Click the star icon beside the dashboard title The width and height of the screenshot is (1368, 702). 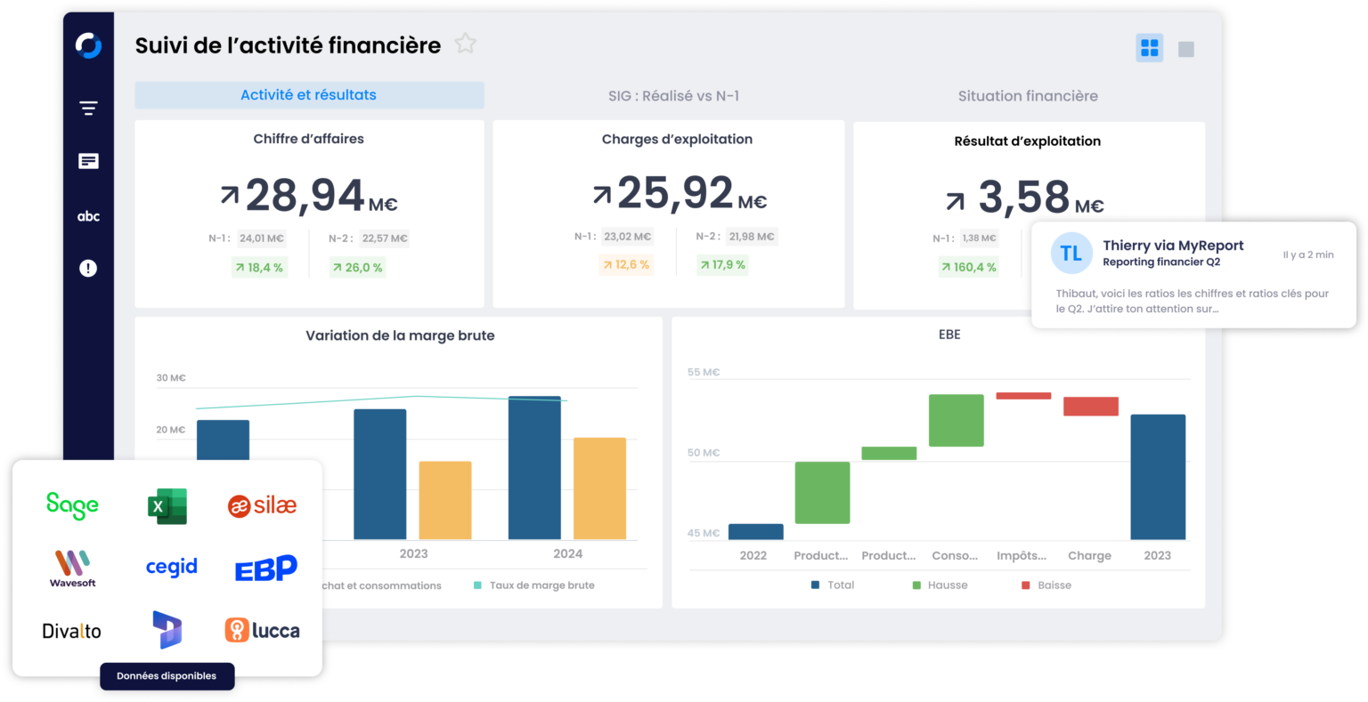[x=465, y=44]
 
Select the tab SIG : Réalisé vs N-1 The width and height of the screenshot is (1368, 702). [x=673, y=96]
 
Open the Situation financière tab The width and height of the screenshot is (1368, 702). [x=1028, y=96]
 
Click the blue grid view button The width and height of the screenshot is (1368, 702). [x=1149, y=48]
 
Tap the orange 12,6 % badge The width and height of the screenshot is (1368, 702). [x=626, y=265]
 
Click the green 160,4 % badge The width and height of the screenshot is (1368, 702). [x=968, y=267]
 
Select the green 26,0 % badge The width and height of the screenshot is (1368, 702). [x=357, y=267]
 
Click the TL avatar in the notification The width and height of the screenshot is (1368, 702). [x=1071, y=254]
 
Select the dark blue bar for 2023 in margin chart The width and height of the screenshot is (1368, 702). [x=379, y=473]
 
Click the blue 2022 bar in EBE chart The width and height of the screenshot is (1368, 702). [x=755, y=531]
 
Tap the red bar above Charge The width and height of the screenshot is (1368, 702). [x=1090, y=407]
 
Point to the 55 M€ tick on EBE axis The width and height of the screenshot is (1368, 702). [x=703, y=372]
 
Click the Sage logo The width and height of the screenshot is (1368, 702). [x=72, y=505]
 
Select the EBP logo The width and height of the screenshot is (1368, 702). [x=265, y=568]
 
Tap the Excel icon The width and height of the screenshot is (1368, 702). [x=167, y=506]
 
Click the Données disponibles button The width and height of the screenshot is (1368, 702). [x=167, y=676]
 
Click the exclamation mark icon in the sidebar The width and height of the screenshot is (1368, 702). [x=88, y=268]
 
